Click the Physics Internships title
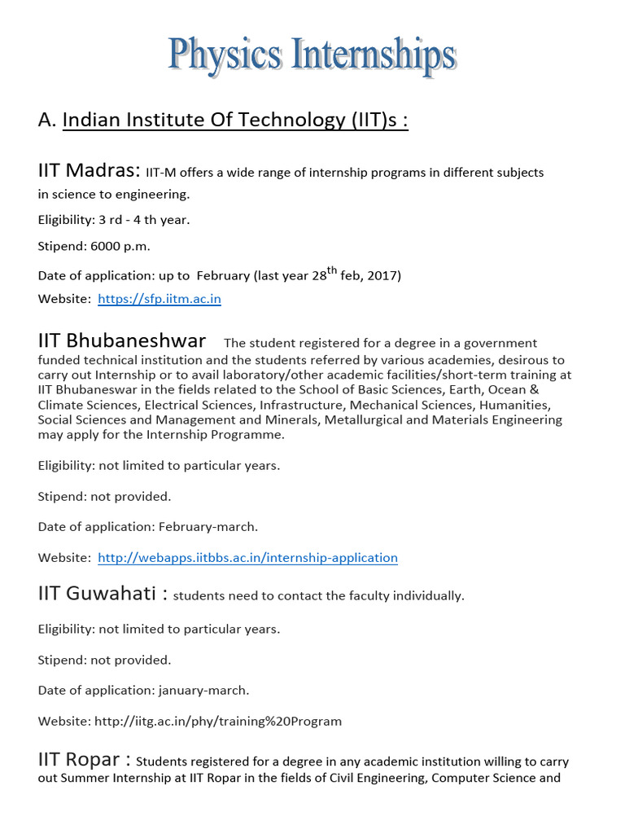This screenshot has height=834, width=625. coord(312,57)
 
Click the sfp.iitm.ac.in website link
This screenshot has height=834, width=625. coord(160,299)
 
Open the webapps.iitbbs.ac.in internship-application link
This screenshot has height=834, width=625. coord(247,558)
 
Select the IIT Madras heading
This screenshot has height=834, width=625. coord(88,171)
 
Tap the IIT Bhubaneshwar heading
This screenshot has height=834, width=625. coord(122,340)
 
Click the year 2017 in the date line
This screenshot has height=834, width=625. coord(385,275)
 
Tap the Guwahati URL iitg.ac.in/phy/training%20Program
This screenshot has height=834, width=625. coord(218,721)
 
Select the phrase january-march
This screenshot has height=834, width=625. coord(202,690)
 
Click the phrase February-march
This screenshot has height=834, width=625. coord(207,527)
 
